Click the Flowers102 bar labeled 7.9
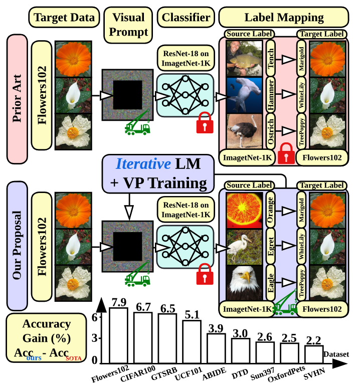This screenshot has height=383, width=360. tap(118, 335)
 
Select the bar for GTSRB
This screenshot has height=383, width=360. tap(167, 338)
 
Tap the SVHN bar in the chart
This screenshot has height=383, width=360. tap(314, 354)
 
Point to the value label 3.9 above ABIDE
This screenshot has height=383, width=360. tap(216, 328)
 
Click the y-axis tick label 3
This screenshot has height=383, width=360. tap(95, 338)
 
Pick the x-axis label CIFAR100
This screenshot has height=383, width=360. tap(138, 373)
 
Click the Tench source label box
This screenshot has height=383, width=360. tap(271, 59)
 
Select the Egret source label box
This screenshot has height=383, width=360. tap(271, 246)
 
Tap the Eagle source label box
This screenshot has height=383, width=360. tap(271, 283)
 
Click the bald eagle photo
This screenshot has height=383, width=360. tap(245, 283)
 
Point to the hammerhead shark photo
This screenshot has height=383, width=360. tap(244, 95)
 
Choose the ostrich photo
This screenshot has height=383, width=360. tap(244, 131)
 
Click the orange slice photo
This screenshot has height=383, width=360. tap(245, 211)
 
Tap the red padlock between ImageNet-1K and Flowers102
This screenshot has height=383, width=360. tap(286, 153)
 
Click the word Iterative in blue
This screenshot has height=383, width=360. tap(143, 163)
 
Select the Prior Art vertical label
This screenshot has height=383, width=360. tap(17, 99)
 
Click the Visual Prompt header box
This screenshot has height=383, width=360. tap(128, 25)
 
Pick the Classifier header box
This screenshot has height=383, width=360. tap(186, 18)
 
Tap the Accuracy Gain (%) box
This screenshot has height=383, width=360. tap(47, 337)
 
